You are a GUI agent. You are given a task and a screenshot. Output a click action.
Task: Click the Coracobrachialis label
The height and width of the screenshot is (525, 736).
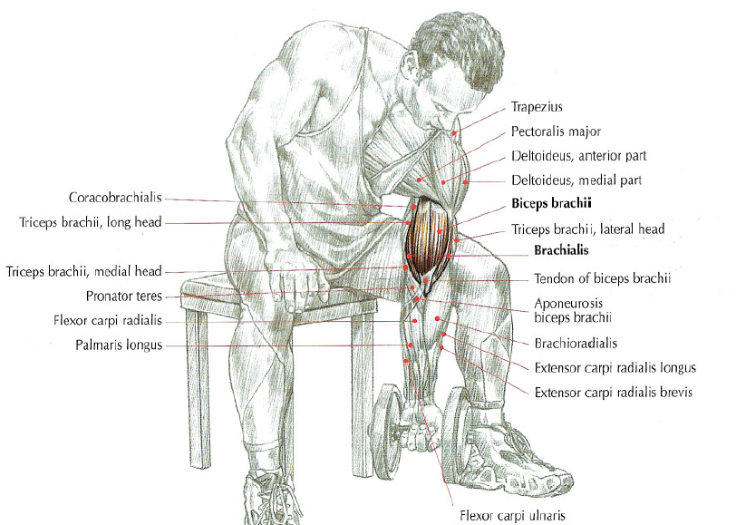tap(115, 197)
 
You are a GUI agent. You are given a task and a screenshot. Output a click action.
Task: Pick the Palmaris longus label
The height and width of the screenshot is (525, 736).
tap(120, 345)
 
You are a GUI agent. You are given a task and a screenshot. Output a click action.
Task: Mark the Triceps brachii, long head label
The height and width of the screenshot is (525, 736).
tap(91, 222)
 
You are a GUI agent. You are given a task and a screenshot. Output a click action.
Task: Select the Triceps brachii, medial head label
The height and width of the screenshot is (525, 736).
tap(83, 271)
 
